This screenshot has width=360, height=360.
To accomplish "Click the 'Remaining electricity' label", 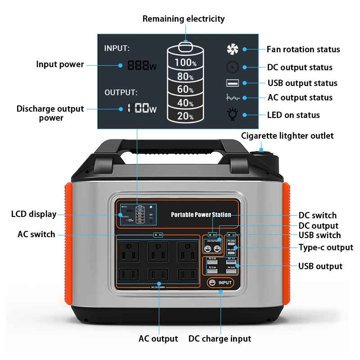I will [183, 19].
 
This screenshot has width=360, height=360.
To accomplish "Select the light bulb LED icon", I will [233, 115].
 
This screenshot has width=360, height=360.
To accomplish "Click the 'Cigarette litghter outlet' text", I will [287, 135].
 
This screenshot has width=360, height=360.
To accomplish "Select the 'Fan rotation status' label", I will [303, 49].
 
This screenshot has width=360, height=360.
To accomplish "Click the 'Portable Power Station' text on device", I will [201, 215].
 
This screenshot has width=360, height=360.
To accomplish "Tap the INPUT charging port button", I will [220, 283].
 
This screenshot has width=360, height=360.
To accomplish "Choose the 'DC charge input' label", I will [220, 339].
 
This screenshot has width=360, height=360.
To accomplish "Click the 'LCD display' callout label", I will [34, 214].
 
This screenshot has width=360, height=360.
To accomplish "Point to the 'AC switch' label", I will [36, 234].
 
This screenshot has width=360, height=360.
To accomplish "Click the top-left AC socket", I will [129, 251].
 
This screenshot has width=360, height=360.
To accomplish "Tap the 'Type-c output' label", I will [326, 247].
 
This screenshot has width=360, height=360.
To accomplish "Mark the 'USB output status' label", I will [302, 83].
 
